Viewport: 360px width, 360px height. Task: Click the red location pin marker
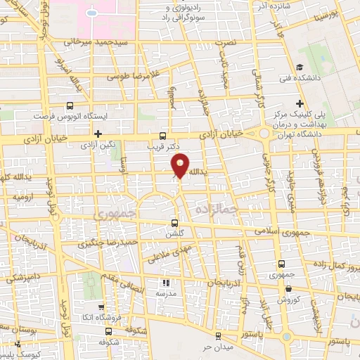180,166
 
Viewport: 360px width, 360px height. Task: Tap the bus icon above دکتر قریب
163,136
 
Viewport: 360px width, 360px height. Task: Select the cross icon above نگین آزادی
98,133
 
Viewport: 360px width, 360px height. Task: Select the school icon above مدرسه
166,282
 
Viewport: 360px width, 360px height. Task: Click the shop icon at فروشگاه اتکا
101,307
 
